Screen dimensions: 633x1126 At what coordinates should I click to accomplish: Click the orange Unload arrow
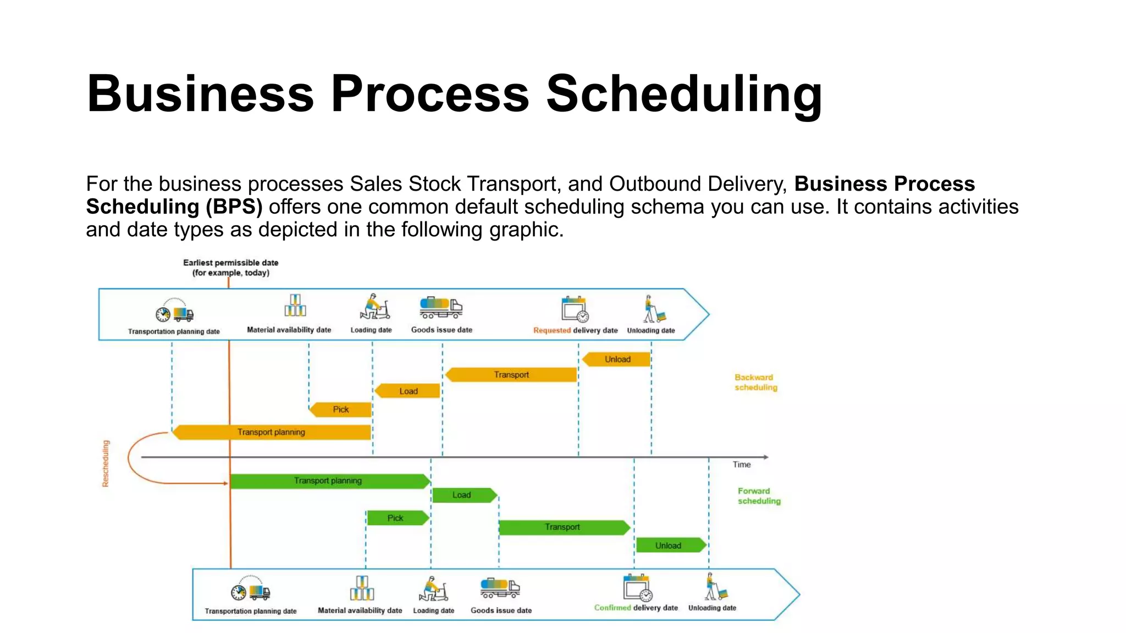click(x=617, y=359)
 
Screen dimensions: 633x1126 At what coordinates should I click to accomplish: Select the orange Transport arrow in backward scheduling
click(x=511, y=375)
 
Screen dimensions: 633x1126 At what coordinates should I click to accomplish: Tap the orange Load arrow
click(x=408, y=391)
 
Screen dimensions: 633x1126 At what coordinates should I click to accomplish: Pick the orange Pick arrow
click(x=341, y=409)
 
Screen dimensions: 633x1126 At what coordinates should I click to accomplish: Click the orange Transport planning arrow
click(x=272, y=432)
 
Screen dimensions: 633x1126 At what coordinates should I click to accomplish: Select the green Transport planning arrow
click(x=329, y=481)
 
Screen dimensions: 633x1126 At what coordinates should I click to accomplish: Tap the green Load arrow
click(x=463, y=495)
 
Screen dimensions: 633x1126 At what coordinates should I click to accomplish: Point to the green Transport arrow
click(x=563, y=527)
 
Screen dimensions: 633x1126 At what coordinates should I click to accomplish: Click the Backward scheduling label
click(x=755, y=382)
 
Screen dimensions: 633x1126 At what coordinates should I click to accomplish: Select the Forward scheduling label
click(x=759, y=496)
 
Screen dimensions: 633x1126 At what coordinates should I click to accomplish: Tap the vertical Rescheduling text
click(x=106, y=463)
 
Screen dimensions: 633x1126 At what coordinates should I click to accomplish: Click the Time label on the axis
click(x=741, y=465)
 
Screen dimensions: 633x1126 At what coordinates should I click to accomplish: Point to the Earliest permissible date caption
click(x=230, y=268)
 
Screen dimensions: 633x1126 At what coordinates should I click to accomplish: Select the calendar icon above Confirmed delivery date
click(x=637, y=588)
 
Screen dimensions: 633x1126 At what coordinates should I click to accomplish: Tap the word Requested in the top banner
click(x=551, y=331)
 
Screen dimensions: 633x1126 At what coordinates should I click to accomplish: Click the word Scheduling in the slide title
click(x=683, y=94)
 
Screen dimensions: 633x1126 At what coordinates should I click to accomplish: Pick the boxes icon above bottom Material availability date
click(x=362, y=588)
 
